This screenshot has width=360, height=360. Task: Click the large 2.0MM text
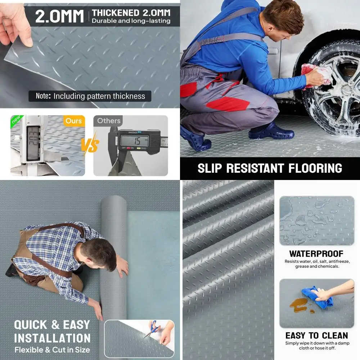[x=59, y=16]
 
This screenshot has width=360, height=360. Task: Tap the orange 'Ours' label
[x=74, y=121]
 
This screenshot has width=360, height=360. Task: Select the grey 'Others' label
[x=108, y=121]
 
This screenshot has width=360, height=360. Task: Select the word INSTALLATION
[x=52, y=338]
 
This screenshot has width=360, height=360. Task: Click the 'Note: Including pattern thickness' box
[x=90, y=96]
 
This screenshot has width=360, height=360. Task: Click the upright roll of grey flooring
[x=113, y=252]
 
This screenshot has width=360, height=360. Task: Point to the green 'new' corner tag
[x=16, y=120]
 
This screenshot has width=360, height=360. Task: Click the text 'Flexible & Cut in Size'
[x=52, y=350]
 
